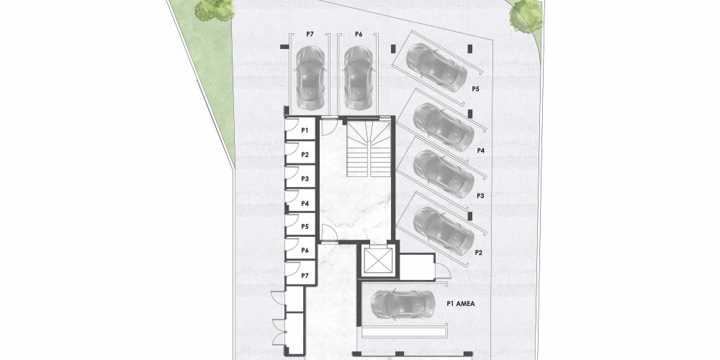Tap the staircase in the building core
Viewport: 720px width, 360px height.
pos(369,147)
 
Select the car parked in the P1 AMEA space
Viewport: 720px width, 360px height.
pos(401,304)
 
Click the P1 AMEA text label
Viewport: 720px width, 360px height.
pos(461,304)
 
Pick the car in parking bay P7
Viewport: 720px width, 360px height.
pos(310,77)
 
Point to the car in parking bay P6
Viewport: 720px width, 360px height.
pos(359,77)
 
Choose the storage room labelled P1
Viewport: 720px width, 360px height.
pos(300,130)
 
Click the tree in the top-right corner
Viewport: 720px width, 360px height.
pos(526,15)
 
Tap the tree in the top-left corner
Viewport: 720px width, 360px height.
pos(214,10)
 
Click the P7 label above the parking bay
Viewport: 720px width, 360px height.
pos(310,35)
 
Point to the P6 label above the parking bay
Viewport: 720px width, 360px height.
pos(359,35)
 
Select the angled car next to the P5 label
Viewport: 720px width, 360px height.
pos(436,66)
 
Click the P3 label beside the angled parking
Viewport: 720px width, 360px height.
pos(481,196)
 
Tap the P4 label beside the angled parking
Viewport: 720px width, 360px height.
pos(481,150)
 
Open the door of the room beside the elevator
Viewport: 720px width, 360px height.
pos(443,271)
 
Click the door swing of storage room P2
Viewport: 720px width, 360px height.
pos(291,149)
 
